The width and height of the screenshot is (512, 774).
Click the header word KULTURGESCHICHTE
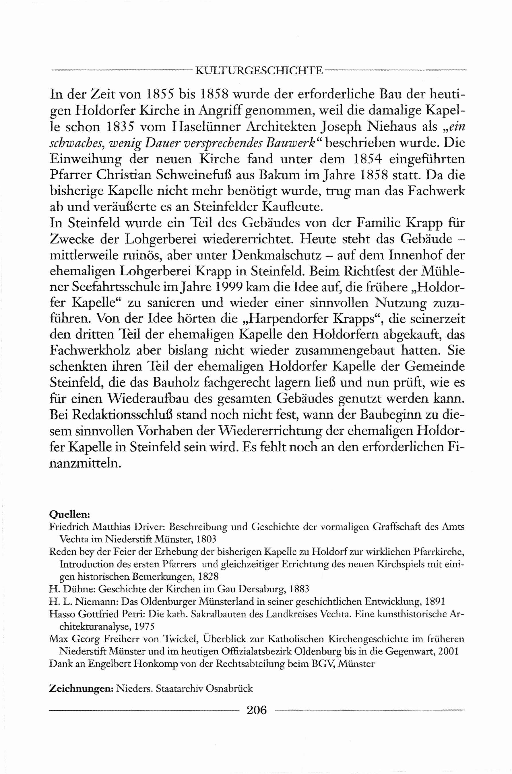coord(259,70)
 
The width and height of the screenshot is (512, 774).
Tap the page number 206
coord(257,710)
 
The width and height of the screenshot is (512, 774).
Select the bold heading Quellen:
coord(69,514)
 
